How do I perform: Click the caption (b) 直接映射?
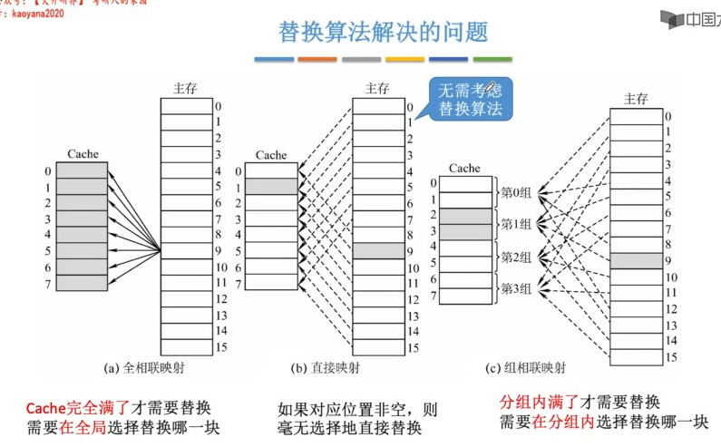click(x=325, y=368)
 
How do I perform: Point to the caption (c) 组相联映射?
click(x=525, y=368)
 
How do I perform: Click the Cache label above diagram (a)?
click(x=83, y=154)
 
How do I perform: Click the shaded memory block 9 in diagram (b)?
click(x=379, y=251)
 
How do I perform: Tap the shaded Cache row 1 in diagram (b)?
click(x=271, y=186)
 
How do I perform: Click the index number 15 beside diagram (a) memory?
click(x=220, y=347)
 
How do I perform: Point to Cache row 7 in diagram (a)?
click(x=83, y=283)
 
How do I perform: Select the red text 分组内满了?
click(x=539, y=403)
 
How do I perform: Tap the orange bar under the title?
click(x=317, y=59)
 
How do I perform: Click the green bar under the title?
click(x=492, y=59)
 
